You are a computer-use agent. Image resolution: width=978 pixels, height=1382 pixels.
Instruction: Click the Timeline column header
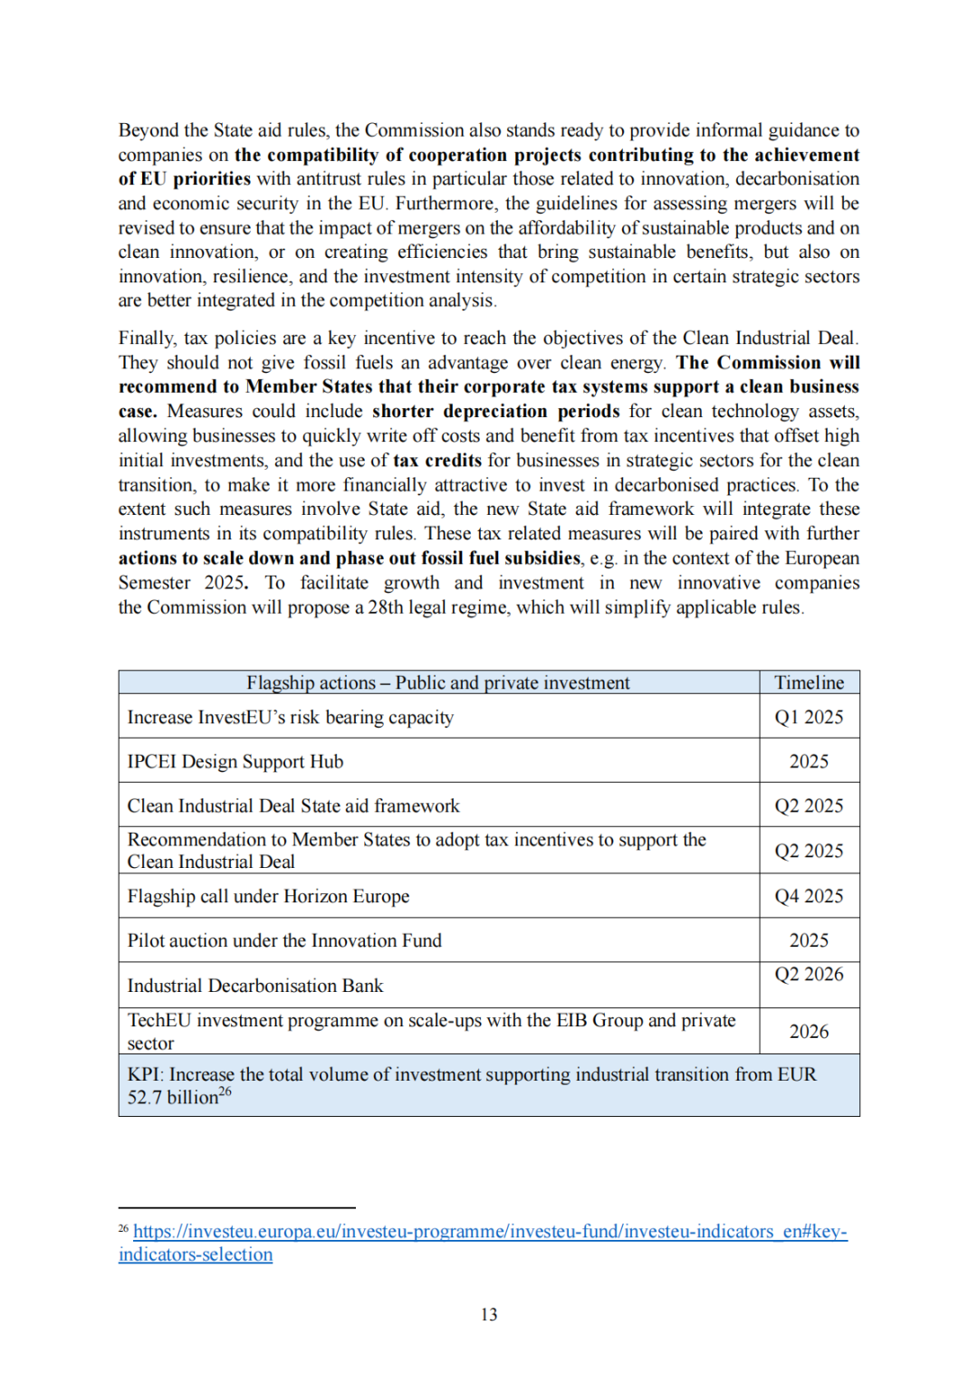click(x=809, y=682)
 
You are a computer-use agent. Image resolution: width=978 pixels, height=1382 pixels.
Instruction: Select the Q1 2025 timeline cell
click(x=809, y=717)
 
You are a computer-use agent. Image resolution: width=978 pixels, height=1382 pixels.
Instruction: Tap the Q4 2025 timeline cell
click(x=809, y=896)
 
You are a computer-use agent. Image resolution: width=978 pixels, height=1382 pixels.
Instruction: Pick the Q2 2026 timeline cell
click(x=809, y=974)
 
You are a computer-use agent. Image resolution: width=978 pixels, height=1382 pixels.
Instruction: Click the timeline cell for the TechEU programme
click(x=809, y=1032)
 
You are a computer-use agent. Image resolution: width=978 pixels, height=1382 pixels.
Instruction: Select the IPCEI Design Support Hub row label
click(x=235, y=761)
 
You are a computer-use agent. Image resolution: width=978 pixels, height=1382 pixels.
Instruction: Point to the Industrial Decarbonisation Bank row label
click(x=255, y=986)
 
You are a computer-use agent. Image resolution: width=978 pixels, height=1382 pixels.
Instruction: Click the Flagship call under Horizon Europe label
click(x=268, y=896)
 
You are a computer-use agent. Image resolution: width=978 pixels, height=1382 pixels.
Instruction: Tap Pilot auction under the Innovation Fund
click(x=284, y=940)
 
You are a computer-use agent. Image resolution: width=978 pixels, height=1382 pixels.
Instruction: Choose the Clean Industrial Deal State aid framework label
click(x=293, y=805)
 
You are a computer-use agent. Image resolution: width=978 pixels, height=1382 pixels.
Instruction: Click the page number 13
click(x=489, y=1314)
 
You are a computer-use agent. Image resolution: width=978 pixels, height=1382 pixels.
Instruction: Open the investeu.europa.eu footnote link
click(x=490, y=1232)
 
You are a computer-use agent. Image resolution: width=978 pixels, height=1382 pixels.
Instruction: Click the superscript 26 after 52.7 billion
click(x=225, y=1091)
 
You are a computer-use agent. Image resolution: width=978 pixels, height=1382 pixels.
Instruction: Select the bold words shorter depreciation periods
click(x=495, y=411)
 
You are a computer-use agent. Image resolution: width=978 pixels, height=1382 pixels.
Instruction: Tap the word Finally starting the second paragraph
click(x=147, y=338)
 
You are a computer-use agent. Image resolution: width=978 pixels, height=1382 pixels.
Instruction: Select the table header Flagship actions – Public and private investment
click(x=438, y=682)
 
